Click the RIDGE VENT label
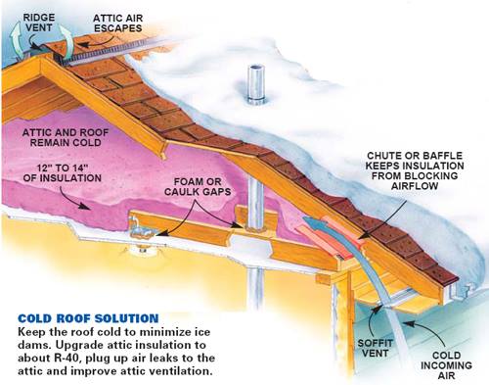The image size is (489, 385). pos(38,23)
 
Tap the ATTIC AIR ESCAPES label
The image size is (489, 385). pos(118,23)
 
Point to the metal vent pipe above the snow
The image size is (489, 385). pos(256,84)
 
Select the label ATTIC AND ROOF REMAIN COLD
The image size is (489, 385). pos(66,137)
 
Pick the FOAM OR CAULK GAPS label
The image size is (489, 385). pos(198,186)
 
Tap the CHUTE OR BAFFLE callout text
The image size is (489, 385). pos(415,170)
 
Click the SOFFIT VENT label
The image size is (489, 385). pos(375,348)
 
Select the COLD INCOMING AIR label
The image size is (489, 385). pos(446,364)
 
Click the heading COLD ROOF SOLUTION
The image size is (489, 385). pos(88,318)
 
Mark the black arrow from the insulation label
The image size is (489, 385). pos(74,198)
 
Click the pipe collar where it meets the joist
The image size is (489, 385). pos(255,226)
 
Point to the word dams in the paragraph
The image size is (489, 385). pos(32,345)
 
